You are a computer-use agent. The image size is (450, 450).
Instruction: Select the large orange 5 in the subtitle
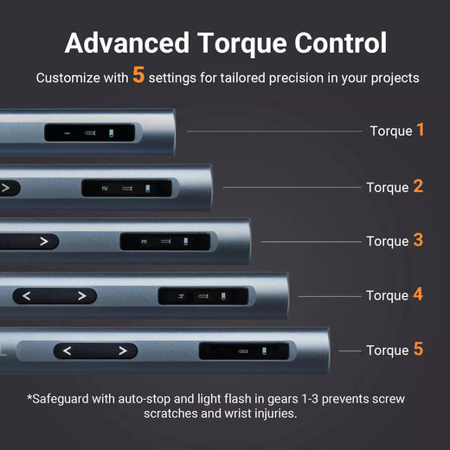138,76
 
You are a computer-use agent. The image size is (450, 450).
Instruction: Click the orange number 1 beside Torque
421,130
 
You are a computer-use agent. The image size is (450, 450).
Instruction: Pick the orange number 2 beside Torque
418,186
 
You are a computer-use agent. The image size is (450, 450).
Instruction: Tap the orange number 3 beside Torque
418,240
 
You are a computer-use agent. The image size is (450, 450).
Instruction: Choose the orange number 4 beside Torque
418,294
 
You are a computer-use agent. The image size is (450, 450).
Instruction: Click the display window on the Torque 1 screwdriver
90,133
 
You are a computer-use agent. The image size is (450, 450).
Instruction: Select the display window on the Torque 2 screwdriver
126,188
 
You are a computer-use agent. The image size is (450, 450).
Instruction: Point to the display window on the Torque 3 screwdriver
164,241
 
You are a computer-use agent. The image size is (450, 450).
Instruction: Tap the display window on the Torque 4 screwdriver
202,296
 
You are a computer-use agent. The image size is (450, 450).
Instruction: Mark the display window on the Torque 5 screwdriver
243,350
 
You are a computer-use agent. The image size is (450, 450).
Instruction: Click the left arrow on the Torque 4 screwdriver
27,296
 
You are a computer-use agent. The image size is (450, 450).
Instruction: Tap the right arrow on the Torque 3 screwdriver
43,241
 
